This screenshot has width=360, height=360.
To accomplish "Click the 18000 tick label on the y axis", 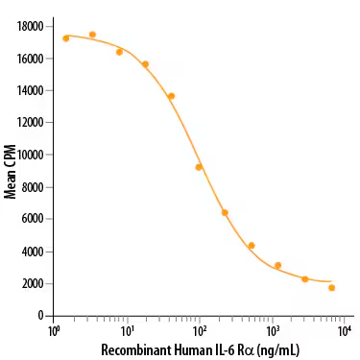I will click(28, 26).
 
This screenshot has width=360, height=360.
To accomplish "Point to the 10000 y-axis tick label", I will click(28, 155).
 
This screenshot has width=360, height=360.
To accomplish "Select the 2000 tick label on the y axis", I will click(31, 283).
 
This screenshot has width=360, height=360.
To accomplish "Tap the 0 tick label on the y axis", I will click(40, 316).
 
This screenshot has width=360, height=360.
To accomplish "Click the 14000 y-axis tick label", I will click(28, 90).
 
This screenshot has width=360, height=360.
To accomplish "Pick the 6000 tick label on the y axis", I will click(31, 219).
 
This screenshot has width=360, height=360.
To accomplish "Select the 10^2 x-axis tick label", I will click(199, 331).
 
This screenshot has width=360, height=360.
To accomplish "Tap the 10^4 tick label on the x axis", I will click(345, 331).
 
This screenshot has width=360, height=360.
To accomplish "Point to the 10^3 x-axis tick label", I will click(272, 331).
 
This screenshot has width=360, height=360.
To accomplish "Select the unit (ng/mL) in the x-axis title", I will click(276, 349).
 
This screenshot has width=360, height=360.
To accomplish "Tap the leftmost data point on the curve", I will click(66, 38).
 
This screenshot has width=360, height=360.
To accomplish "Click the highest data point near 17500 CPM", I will click(92, 35).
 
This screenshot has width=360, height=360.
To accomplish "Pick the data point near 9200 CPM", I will click(199, 167).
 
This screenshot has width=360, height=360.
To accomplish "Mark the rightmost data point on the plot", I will click(331, 287).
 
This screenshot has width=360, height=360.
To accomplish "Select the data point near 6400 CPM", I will click(225, 212).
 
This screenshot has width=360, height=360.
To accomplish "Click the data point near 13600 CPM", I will click(171, 96).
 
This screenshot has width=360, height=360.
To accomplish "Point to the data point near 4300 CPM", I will click(252, 246).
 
